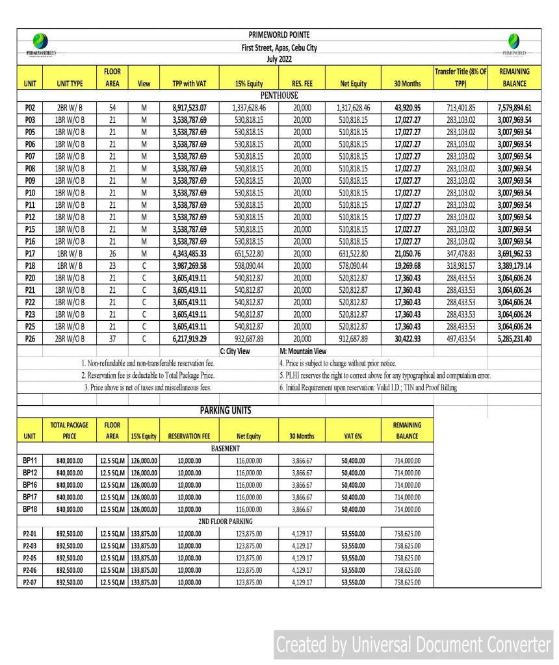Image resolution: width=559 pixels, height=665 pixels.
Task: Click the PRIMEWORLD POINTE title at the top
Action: click(x=279, y=34)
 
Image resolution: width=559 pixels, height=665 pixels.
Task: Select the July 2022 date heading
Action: click(x=279, y=58)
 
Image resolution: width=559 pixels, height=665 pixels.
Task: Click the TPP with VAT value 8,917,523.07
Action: click(x=189, y=107)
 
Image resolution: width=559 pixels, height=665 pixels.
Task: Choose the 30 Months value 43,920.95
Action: click(x=408, y=107)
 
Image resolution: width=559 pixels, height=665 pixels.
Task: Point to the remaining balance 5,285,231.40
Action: click(x=513, y=338)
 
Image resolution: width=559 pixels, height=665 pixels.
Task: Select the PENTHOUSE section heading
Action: click(x=279, y=95)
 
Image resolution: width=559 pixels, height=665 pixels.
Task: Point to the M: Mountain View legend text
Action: click(x=302, y=351)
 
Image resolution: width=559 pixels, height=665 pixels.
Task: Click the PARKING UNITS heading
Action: click(x=225, y=411)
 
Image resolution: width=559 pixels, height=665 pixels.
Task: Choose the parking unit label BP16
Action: click(x=30, y=484)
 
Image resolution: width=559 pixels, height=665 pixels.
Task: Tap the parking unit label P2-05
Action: click(x=30, y=557)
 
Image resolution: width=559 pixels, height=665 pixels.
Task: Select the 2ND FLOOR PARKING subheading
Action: click(x=225, y=521)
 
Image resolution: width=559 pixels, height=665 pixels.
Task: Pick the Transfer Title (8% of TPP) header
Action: click(x=460, y=77)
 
